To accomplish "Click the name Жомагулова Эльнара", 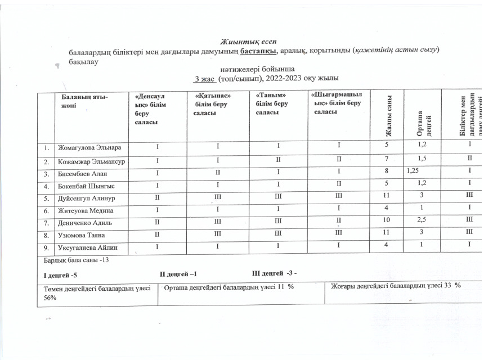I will click(89, 147).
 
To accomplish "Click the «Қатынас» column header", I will click(213, 106).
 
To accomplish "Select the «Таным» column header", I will click(272, 105).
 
